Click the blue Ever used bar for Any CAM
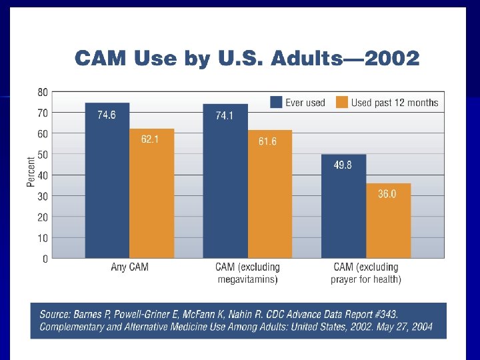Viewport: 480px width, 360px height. [107, 181]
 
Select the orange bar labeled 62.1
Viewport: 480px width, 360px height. [151, 193]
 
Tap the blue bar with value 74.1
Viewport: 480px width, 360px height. [225, 181]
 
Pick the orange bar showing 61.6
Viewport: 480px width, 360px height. [269, 194]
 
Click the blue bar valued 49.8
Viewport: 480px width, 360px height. [343, 206]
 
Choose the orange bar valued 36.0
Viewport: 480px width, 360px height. [388, 221]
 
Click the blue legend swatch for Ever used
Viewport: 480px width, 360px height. [276, 102]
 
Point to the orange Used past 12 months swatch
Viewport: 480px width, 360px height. [341, 102]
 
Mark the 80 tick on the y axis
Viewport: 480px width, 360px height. [42, 92]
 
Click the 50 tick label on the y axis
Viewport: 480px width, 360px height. [42, 155]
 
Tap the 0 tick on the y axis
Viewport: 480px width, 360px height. [45, 259]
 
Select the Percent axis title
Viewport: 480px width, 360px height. [31, 172]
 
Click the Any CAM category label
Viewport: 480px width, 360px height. [129, 267]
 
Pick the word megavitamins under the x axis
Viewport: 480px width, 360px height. [247, 279]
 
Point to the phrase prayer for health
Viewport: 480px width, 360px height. [365, 279]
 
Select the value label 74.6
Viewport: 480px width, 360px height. [107, 115]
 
